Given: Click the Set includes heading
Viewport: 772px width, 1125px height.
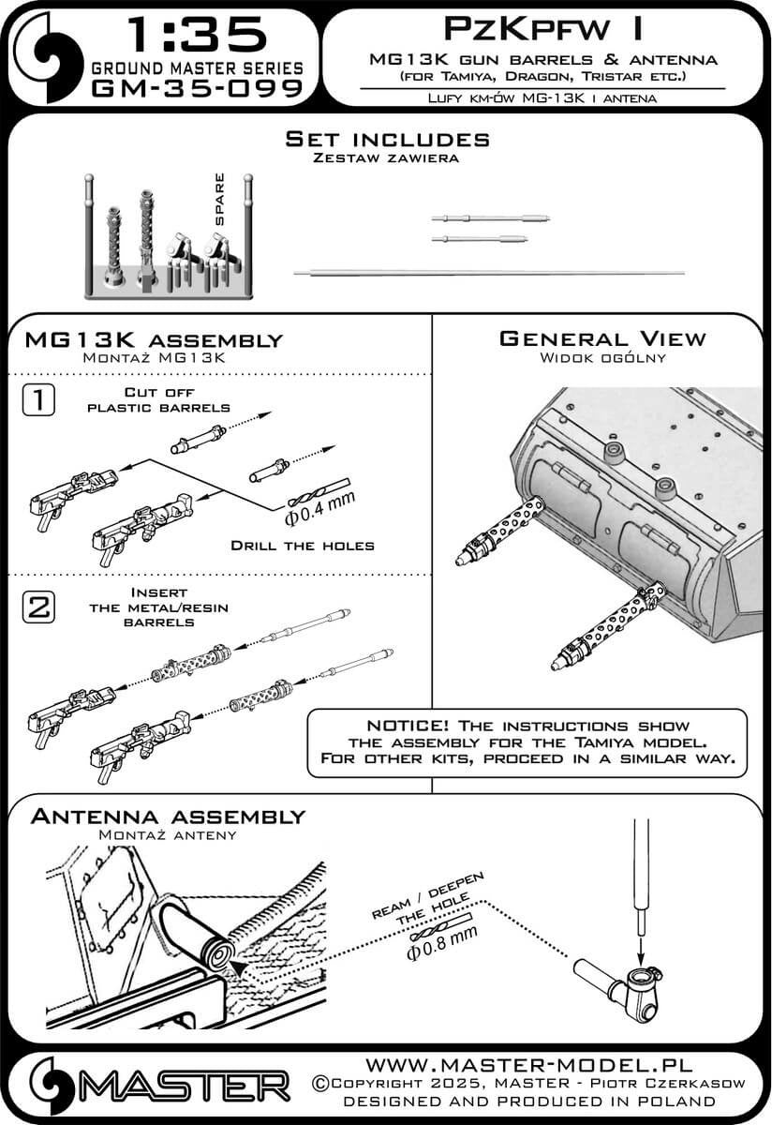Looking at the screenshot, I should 387,139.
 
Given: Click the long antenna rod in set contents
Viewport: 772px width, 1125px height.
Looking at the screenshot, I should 489,272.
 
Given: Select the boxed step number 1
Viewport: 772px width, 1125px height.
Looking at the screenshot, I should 36,401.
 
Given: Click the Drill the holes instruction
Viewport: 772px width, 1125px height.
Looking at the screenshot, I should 303,546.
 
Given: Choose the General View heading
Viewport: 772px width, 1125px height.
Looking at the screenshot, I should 602,339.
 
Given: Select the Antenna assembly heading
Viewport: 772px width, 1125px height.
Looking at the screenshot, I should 168,817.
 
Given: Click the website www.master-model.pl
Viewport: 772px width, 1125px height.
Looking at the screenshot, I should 528,1066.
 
